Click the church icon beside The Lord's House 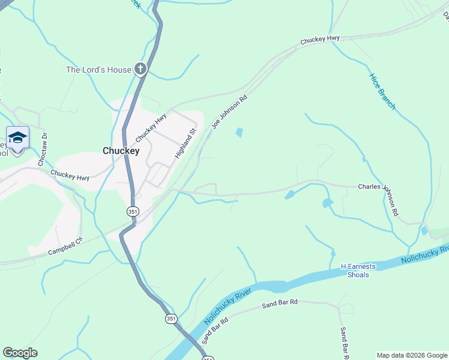pos(140,70)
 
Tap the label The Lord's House pos(98,70)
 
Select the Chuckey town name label pos(121,151)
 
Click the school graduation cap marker pos(17,137)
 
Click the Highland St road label pos(185,143)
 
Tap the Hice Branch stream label pos(382,91)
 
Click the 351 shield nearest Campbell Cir pos(133,211)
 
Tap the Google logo pos(20,353)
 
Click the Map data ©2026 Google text pos(412,355)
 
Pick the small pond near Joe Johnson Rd pos(240,133)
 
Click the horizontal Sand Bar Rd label pos(280,304)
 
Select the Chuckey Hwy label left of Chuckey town pos(70,174)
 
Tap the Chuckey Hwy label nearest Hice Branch pos(320,39)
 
